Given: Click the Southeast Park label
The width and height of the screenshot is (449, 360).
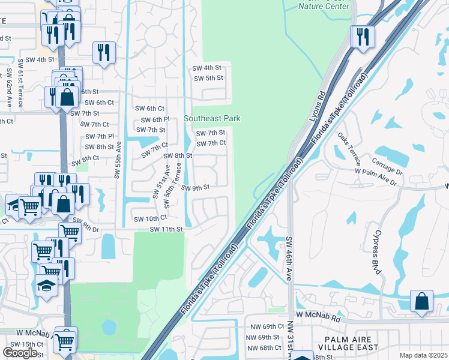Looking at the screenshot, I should coord(212,118).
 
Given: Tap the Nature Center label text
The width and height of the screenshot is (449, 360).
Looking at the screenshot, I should coord(324,7).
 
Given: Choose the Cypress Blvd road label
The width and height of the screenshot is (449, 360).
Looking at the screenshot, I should coord(376,251).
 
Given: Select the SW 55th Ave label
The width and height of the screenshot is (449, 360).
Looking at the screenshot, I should coord(118,159).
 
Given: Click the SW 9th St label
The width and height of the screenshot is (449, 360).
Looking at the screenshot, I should coord(194,187).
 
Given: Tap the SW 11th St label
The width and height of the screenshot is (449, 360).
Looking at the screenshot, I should coord(166,229).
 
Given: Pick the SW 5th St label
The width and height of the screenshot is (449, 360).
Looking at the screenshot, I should coord(208,78).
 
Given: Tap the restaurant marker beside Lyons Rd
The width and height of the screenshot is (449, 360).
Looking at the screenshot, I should coord(363,36).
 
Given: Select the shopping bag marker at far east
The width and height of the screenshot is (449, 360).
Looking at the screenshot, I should coord(421,301).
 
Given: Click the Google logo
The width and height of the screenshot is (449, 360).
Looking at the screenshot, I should coord(20,353).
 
